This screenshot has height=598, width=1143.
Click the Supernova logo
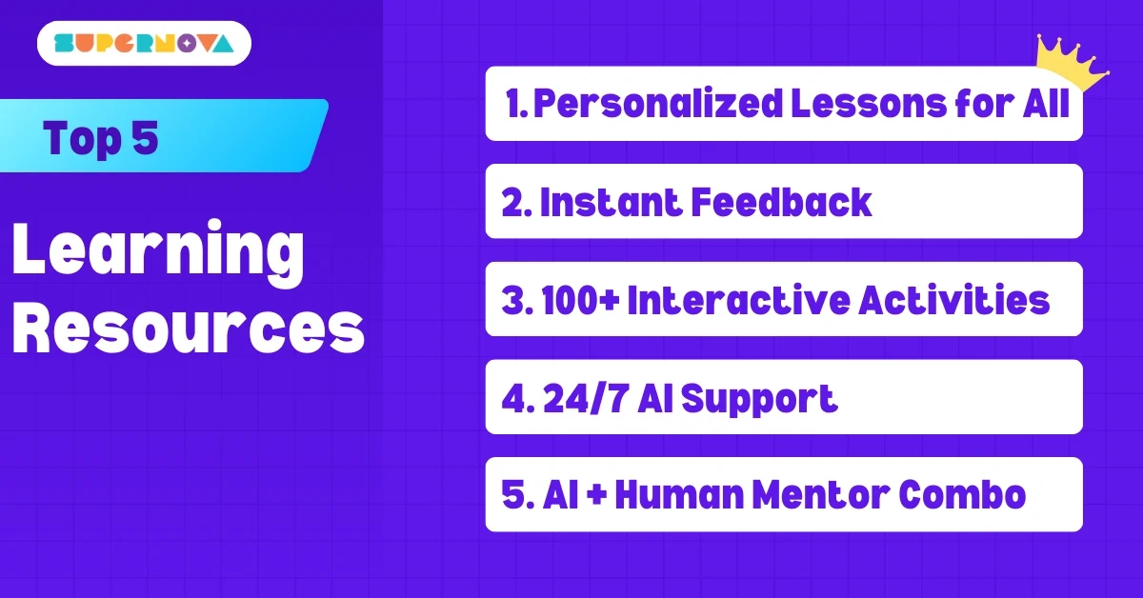144,43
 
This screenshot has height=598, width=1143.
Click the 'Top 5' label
101,139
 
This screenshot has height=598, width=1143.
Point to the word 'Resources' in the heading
189,329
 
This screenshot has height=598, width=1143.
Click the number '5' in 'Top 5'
144,139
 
